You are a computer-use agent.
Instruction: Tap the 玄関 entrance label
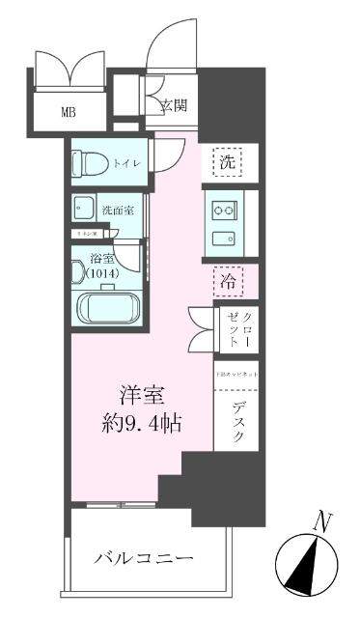[174, 104]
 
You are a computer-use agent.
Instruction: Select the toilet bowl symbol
[83, 164]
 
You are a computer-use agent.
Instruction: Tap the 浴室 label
[101, 259]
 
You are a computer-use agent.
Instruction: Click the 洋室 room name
[139, 396]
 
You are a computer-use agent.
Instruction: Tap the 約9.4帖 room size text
[139, 422]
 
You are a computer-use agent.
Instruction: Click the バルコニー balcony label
[144, 558]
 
